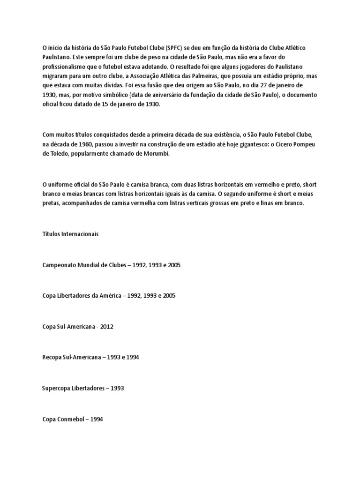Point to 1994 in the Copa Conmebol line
96,419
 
